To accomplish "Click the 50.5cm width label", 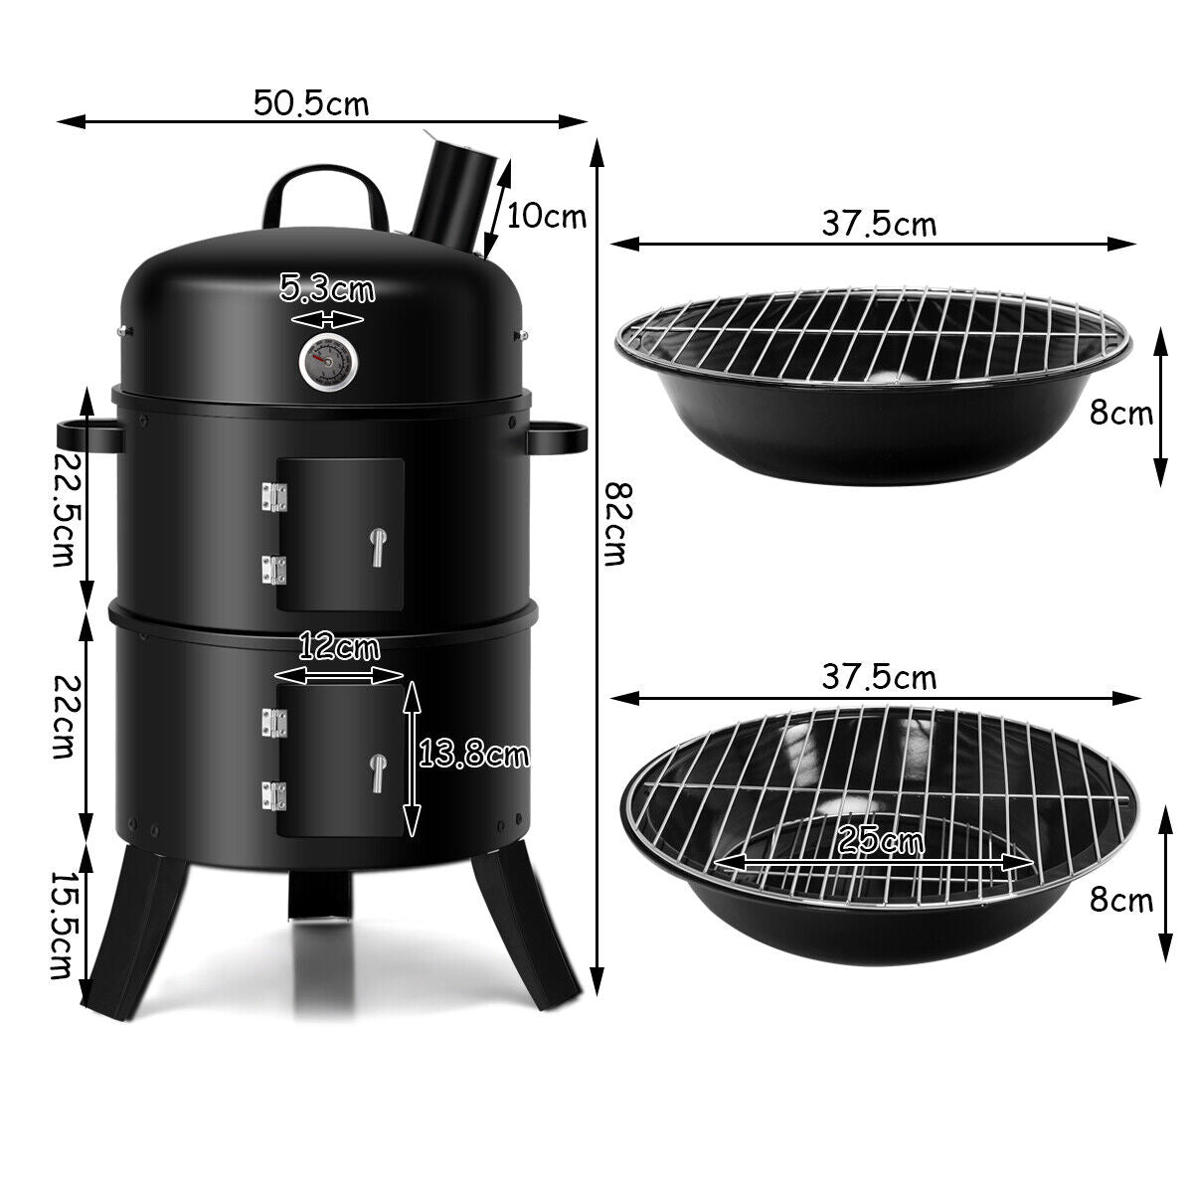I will (310, 102).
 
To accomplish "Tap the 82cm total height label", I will (619, 524).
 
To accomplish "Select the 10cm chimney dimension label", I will (546, 215).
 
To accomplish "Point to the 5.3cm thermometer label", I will (327, 290).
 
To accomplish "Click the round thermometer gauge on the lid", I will (325, 361).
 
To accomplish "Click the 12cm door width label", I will (339, 648).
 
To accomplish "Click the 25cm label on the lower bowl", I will (880, 841).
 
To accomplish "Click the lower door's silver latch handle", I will (378, 773).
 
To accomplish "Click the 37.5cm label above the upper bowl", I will (879, 224).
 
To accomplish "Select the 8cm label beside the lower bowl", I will (1121, 900).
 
